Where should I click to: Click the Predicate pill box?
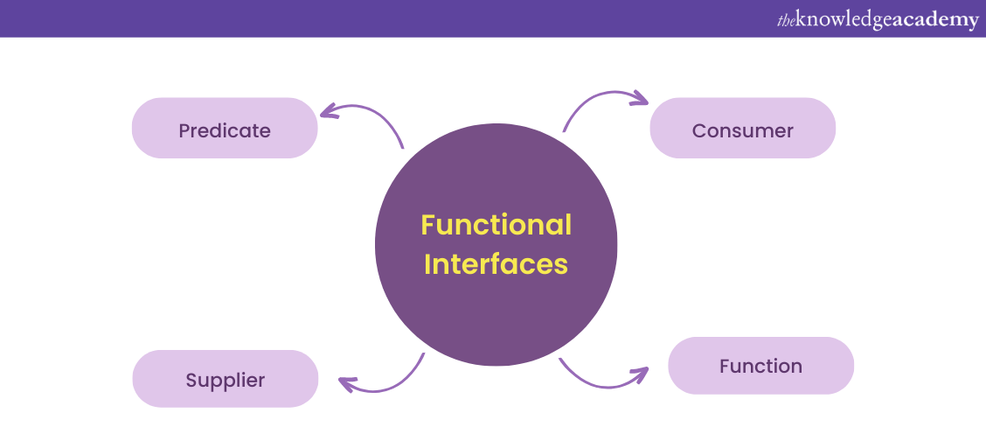(x=225, y=128)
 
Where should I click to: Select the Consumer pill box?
(x=742, y=128)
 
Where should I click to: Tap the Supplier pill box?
(x=225, y=379)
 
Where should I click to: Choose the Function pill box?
(x=760, y=365)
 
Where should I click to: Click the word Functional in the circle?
(x=496, y=225)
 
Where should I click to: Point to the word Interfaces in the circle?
(x=496, y=263)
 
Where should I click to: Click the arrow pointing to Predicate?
(x=367, y=115)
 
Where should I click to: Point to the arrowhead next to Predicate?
(x=328, y=110)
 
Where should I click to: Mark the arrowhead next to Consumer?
(x=640, y=98)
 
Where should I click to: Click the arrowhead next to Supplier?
(x=346, y=383)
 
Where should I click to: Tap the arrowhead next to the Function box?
(x=641, y=374)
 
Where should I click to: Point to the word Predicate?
(x=225, y=130)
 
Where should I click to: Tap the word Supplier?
(x=225, y=381)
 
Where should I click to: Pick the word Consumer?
(x=742, y=130)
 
